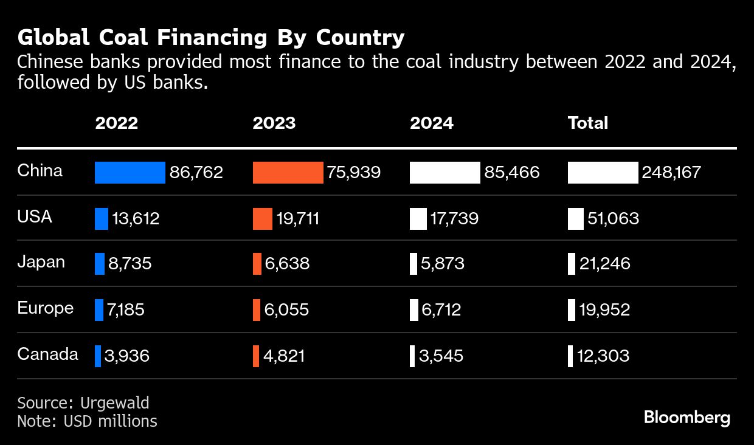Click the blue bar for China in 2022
click(x=130, y=173)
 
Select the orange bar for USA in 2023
click(x=262, y=219)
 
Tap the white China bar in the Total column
click(x=603, y=173)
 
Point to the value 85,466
click(x=511, y=173)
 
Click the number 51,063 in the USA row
click(x=613, y=219)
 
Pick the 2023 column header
click(x=274, y=123)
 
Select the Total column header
click(x=587, y=123)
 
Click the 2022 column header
click(x=116, y=123)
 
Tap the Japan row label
click(x=41, y=263)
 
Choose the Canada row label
click(x=47, y=354)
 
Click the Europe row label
click(x=45, y=308)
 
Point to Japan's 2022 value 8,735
click(x=130, y=264)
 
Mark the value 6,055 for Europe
click(x=286, y=310)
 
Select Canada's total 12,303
click(x=603, y=356)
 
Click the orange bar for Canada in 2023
click(x=255, y=356)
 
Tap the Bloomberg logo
click(x=687, y=418)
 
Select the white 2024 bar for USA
click(x=418, y=219)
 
